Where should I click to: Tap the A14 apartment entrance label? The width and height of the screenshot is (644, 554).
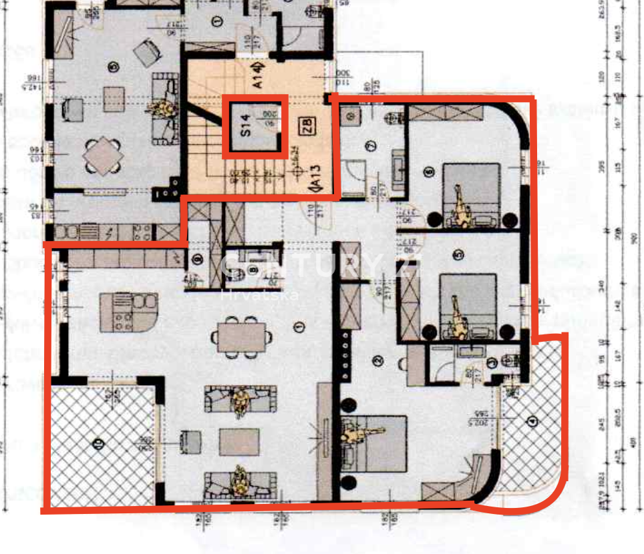pyautogui.click(x=259, y=75)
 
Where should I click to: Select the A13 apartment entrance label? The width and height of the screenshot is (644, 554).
pyautogui.click(x=313, y=178)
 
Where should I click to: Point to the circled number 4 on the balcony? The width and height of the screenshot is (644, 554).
pyautogui.click(x=532, y=422)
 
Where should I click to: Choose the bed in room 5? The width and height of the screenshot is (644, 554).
pyautogui.click(x=468, y=304)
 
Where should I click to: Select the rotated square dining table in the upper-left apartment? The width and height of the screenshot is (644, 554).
pyautogui.click(x=103, y=156)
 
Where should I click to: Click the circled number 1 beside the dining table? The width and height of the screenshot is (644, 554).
pyautogui.click(x=299, y=326)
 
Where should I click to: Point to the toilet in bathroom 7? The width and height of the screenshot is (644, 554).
pyautogui.click(x=394, y=118)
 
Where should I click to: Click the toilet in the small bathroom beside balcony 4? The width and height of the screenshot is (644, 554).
pyautogui.click(x=510, y=361)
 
